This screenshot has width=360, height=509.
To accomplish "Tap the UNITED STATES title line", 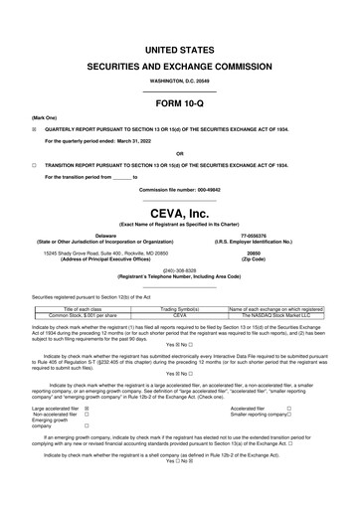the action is (x=179, y=48).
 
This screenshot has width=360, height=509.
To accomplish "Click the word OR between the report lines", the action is (x=179, y=152).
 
